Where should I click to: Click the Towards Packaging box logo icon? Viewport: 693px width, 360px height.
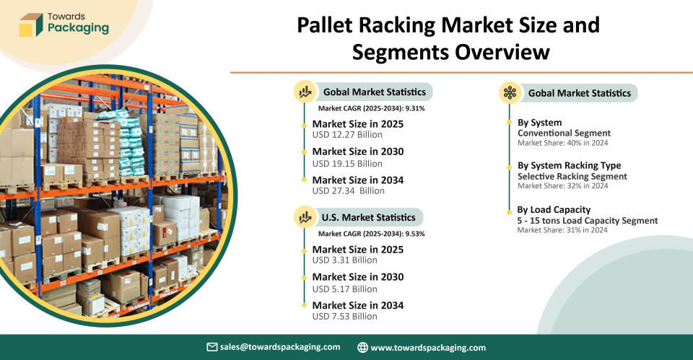click(x=31, y=25)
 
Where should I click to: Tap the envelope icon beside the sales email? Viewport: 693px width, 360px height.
click(x=212, y=347)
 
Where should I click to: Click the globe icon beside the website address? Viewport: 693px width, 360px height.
click(x=362, y=348)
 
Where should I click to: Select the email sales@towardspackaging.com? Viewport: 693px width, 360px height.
click(x=280, y=347)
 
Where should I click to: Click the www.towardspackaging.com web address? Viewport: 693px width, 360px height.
click(x=428, y=348)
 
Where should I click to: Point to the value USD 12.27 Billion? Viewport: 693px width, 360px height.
click(x=347, y=135)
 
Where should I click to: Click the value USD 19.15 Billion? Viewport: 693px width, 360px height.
click(x=347, y=164)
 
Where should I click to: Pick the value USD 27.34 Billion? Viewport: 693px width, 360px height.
click(x=348, y=191)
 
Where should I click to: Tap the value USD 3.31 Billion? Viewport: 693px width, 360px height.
click(x=345, y=260)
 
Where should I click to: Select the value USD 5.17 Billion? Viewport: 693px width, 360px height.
click(x=345, y=289)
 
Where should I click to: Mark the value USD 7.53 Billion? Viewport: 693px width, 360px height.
click(x=345, y=316)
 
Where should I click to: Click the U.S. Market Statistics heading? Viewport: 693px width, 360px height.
click(x=369, y=217)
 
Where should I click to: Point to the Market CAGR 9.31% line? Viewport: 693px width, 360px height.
click(x=371, y=108)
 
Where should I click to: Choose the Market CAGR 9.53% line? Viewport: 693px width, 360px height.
click(x=371, y=234)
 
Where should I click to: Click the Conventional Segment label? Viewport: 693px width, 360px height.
click(x=564, y=133)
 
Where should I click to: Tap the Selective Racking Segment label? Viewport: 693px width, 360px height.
click(x=572, y=176)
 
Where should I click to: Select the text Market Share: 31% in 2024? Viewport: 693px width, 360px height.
click(x=562, y=230)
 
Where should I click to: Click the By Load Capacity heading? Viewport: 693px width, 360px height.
click(x=554, y=210)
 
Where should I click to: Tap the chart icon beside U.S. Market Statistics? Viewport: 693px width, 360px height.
click(x=305, y=217)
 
